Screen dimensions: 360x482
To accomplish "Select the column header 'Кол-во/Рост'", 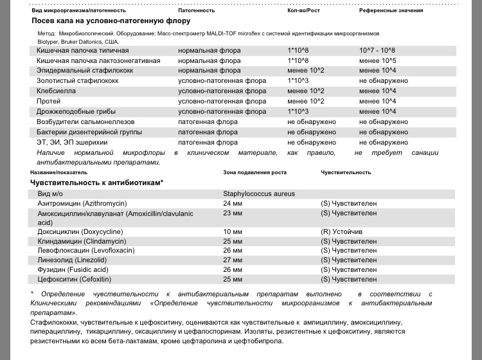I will (x=304, y=10).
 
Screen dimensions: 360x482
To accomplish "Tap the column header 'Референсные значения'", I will (x=391, y=10).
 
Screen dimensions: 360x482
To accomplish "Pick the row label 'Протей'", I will (x=49, y=101).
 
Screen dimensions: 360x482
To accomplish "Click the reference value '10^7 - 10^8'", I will (x=377, y=50).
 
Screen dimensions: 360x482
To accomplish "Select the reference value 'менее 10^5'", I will (x=377, y=60).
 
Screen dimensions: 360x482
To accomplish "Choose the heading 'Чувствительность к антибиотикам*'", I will (x=96, y=183).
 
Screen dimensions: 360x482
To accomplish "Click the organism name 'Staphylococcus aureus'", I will (x=259, y=193).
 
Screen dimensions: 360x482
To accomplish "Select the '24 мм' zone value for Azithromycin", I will (x=233, y=203).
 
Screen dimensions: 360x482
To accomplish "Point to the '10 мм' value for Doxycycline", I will (x=233, y=231).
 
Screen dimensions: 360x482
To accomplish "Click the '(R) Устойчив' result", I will (x=341, y=231).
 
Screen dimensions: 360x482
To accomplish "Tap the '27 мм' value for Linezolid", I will (x=233, y=260).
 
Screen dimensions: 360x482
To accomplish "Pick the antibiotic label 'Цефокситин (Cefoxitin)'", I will (x=74, y=280).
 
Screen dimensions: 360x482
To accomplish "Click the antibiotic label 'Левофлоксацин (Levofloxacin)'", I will (x=85, y=251).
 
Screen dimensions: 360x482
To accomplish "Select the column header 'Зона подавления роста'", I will (x=254, y=172).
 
